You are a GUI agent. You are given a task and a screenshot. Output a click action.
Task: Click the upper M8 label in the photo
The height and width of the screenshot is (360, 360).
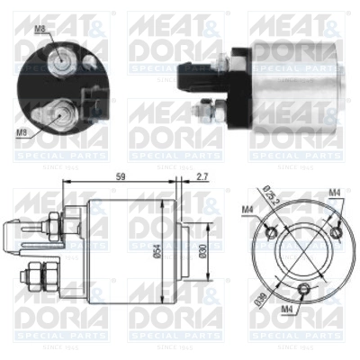click(40, 29)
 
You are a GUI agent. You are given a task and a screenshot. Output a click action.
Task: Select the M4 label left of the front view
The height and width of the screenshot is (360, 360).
click(248, 211)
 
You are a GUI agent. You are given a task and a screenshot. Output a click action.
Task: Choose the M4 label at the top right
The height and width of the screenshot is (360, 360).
click(334, 191)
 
